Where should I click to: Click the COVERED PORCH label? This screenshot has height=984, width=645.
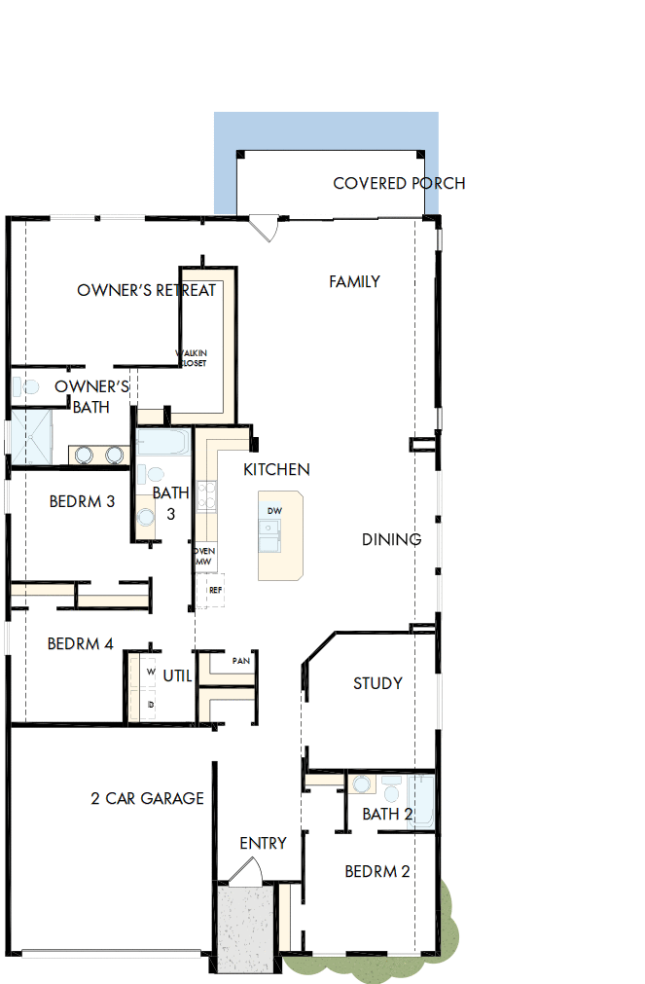click(x=399, y=183)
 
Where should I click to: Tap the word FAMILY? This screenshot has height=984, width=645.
click(x=354, y=281)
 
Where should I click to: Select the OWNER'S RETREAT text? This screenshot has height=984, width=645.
click(x=146, y=290)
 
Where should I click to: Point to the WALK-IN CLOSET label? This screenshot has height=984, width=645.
click(x=191, y=358)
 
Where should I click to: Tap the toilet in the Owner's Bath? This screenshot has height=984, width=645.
click(x=26, y=386)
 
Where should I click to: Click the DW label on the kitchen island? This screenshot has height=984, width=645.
click(x=274, y=511)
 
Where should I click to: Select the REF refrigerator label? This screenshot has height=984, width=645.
click(x=215, y=590)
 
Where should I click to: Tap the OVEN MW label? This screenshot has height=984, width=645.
click(x=204, y=556)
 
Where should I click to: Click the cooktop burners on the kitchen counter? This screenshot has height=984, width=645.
click(x=205, y=495)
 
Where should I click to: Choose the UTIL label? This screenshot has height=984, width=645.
click(x=177, y=675)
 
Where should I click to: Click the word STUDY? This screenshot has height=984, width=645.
click(x=377, y=683)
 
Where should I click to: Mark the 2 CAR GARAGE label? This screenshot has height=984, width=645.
click(x=147, y=798)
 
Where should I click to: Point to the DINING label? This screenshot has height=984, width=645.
click(x=391, y=539)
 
